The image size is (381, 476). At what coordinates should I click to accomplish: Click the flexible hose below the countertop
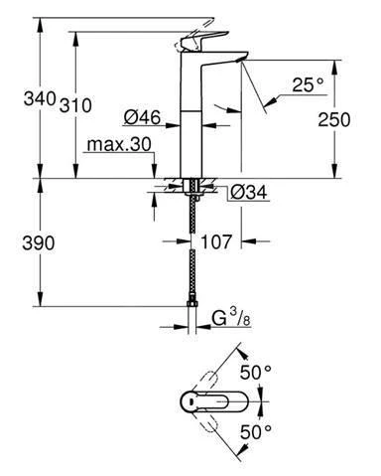click(x=191, y=248)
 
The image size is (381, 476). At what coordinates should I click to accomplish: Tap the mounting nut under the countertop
click(x=191, y=187)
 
